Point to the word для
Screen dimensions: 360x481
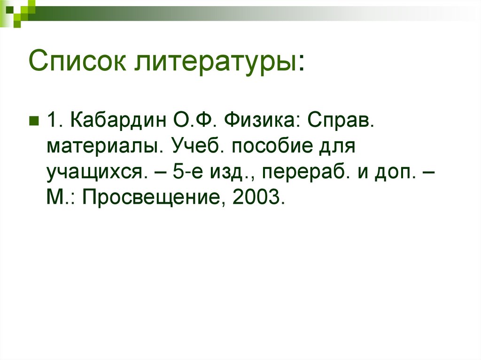pyautogui.click(x=335, y=147)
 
